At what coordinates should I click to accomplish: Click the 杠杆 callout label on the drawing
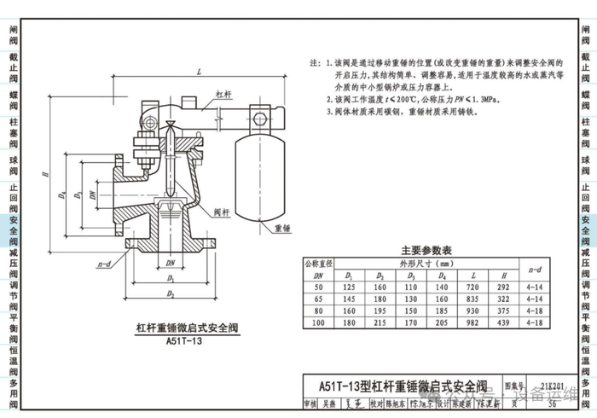coord(224,94)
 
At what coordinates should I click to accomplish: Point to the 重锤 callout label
coord(283,229)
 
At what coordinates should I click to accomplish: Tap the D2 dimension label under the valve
coord(171,294)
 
